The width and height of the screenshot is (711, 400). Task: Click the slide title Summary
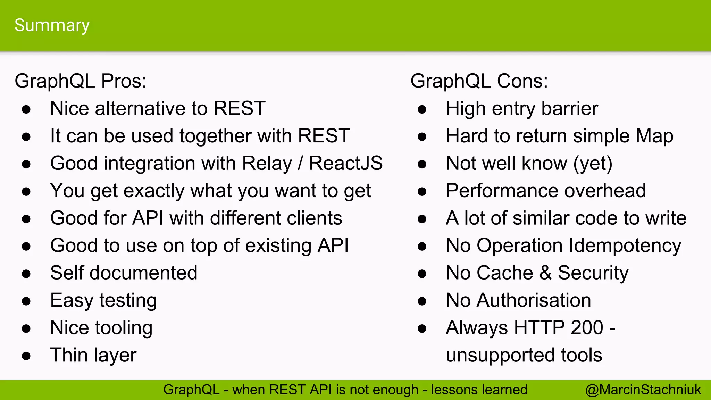point(52,25)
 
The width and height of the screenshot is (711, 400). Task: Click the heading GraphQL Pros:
point(81,81)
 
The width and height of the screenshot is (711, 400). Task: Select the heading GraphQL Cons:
point(479,81)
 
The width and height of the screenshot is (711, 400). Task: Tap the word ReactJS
point(346,163)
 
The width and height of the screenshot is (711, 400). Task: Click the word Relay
point(267,163)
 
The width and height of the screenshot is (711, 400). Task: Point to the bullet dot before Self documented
point(26,274)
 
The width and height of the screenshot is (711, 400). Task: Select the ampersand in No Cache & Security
point(545,273)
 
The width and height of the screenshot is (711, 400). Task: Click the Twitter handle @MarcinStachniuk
point(643,390)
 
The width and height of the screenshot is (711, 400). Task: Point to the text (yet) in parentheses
point(593,163)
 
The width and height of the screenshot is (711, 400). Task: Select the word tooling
point(124,328)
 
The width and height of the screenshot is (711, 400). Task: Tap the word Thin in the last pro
point(69,355)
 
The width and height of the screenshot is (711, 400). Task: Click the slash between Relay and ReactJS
point(301,163)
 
